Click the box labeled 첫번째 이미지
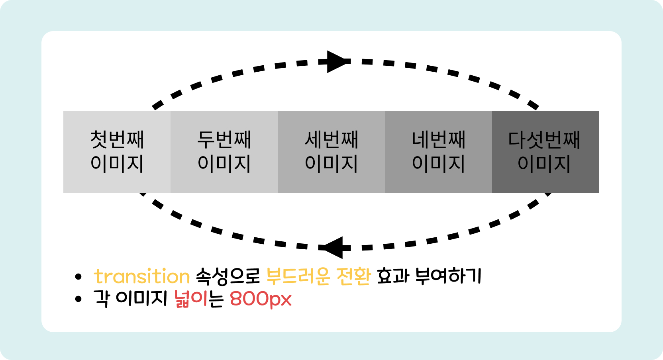point(117,152)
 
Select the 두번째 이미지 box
point(224,152)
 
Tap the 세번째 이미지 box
point(331,152)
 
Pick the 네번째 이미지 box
point(438,152)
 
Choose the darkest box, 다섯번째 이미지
point(545,152)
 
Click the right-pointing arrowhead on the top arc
point(337,62)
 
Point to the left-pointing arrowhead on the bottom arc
point(333,247)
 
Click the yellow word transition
point(141,276)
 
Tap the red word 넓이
point(191,299)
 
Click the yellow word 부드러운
point(298,276)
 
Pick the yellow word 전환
point(354,276)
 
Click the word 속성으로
point(228,276)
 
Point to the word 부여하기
point(448,276)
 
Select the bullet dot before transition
point(78,277)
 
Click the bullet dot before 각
point(78,299)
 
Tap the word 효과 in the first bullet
point(393,276)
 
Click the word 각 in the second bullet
point(102,299)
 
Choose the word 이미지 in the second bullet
point(141,299)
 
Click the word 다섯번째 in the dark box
point(544,140)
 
